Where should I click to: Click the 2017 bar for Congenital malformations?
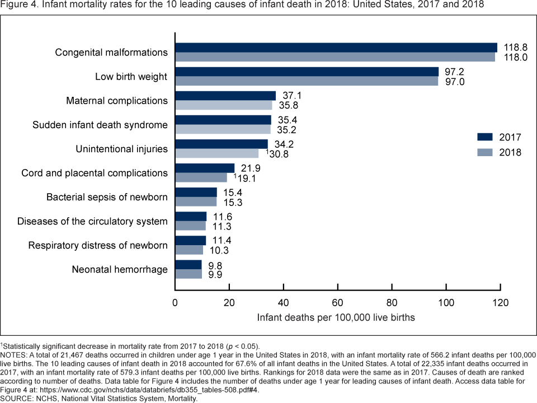(336, 48)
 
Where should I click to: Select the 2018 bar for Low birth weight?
(307, 81)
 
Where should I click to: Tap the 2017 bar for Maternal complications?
(225, 96)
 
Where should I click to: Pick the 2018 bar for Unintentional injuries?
(217, 153)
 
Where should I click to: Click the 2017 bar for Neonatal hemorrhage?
(189, 265)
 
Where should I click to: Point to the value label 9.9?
(216, 274)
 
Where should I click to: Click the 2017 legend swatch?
(484, 137)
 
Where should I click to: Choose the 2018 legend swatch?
(484, 152)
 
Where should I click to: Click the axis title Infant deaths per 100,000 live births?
(336, 317)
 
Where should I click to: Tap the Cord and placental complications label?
(95, 173)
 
